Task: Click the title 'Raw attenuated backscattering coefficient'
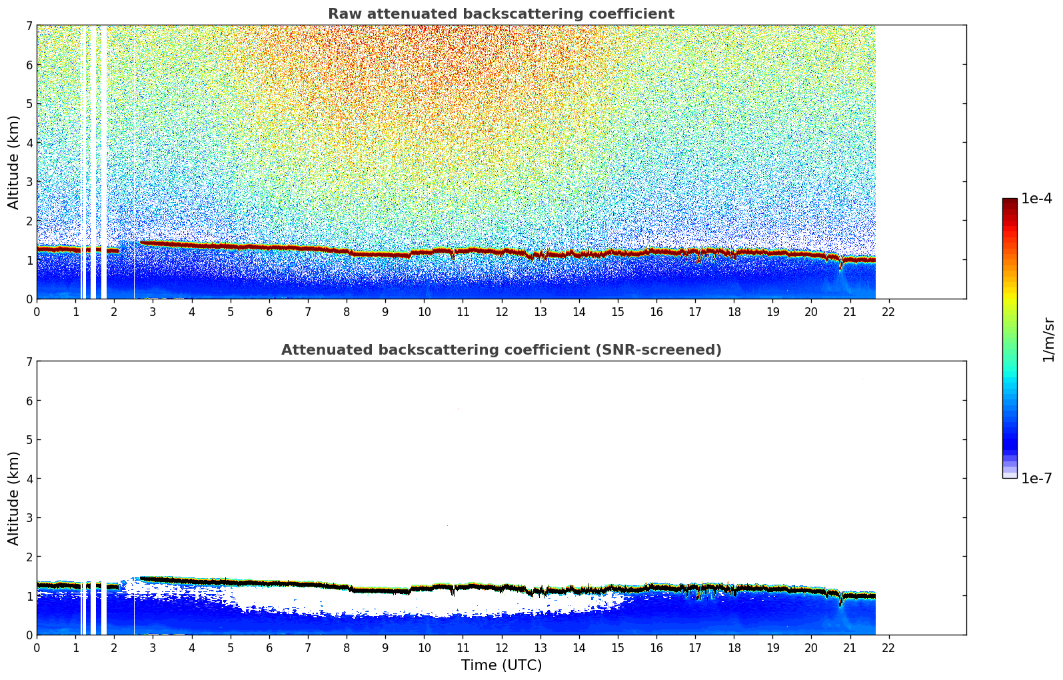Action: click(x=501, y=14)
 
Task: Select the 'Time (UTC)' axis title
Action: click(x=501, y=665)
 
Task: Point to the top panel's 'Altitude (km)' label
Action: click(x=14, y=162)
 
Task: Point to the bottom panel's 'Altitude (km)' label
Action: click(x=14, y=498)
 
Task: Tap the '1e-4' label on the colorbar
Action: click(x=1036, y=199)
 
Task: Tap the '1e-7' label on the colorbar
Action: click(x=1036, y=479)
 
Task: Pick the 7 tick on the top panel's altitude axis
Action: click(x=29, y=26)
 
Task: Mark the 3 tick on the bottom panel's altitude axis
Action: click(x=29, y=518)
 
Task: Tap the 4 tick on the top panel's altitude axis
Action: click(x=29, y=143)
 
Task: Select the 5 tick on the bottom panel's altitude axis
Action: click(x=29, y=440)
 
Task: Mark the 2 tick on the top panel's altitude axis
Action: click(x=29, y=221)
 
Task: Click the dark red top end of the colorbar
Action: click(x=1009, y=201)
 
